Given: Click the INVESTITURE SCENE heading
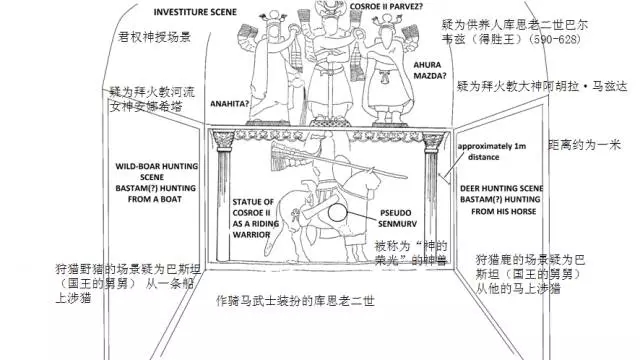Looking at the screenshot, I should click(x=165, y=17).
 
